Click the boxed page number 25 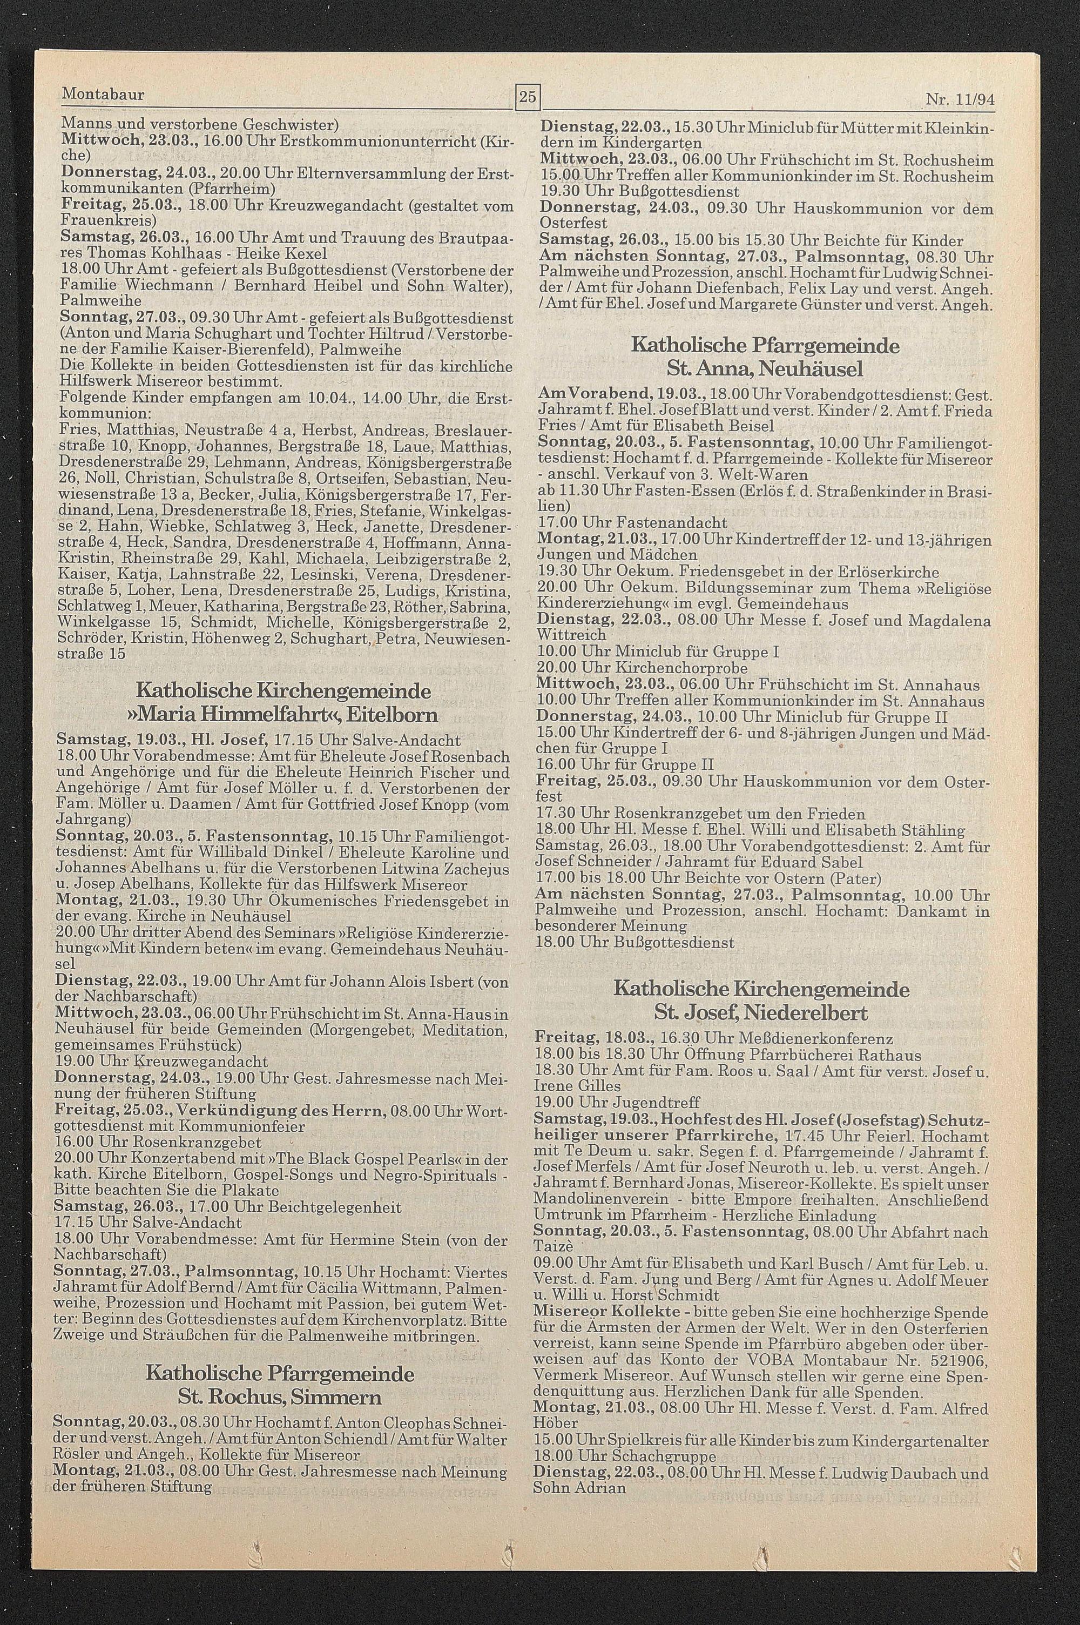[x=528, y=97]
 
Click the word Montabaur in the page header [x=103, y=95]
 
